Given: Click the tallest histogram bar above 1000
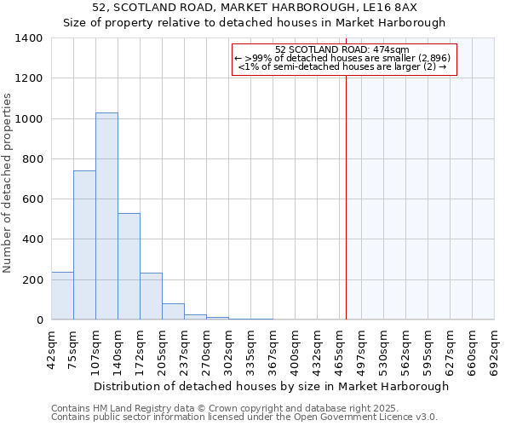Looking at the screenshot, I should pos(106,216).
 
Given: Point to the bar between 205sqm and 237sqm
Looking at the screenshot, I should pos(173,312).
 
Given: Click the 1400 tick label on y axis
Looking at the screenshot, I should pos(29,38).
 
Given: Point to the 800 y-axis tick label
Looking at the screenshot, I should pos(32,159).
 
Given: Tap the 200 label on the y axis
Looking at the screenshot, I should pos(32,280).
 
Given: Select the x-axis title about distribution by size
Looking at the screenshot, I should pos(271,386).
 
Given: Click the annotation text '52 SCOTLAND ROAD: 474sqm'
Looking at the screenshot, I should pos(343,49).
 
